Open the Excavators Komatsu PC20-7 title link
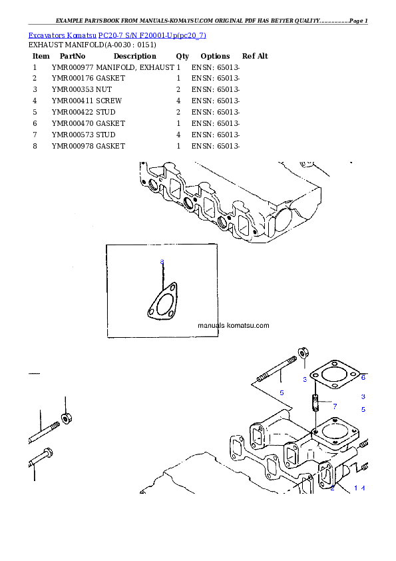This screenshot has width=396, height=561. (x=117, y=35)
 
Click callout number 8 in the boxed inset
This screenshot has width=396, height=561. (x=161, y=262)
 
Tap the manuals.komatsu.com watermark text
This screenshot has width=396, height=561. (x=234, y=326)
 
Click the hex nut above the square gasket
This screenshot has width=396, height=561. (x=301, y=352)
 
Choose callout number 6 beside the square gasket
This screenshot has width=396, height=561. (x=363, y=377)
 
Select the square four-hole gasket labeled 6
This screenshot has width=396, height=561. (x=335, y=376)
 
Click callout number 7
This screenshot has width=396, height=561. (x=335, y=406)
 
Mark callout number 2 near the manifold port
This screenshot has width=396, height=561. (x=332, y=488)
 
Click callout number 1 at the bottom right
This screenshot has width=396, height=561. (x=355, y=488)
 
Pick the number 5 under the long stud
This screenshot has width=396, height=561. (x=282, y=392)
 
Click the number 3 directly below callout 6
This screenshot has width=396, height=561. (x=363, y=396)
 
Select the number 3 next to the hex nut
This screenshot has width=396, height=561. (x=305, y=379)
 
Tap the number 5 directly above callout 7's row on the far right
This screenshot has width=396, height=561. (x=363, y=409)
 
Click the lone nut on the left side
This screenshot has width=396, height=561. (x=66, y=418)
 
